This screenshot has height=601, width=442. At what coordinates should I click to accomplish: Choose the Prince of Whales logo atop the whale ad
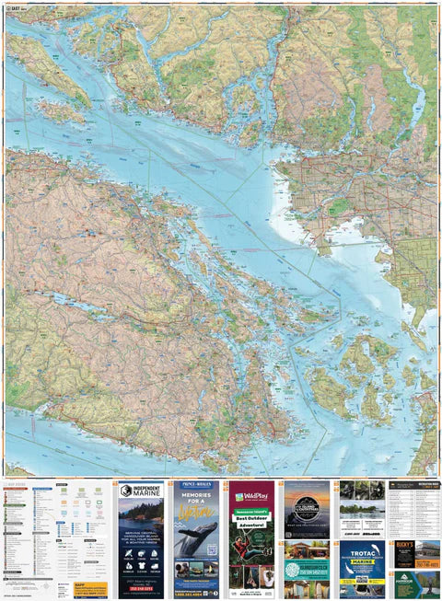195,485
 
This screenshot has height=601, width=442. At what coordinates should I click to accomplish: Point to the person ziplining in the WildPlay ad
251,545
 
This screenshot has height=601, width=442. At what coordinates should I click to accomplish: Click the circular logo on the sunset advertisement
306,503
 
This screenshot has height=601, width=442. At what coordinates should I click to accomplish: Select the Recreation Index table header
414,484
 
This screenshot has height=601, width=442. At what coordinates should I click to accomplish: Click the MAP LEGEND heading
18,482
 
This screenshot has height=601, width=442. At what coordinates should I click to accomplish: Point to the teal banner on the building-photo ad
306,565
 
